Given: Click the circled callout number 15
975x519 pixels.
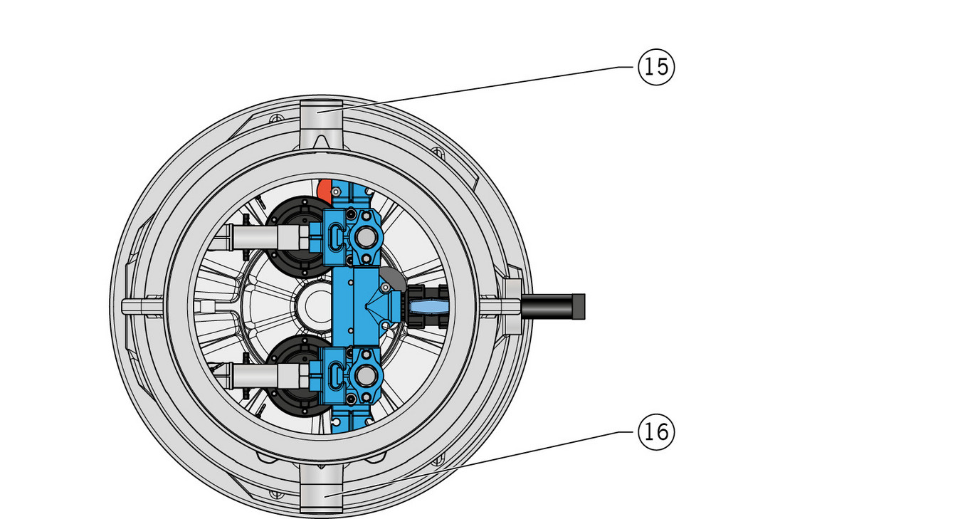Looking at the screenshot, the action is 656,67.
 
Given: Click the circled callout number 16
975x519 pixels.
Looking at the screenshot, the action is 656,432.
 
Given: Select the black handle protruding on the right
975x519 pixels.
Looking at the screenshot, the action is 553,307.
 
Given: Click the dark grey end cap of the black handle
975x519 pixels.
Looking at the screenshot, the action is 579,307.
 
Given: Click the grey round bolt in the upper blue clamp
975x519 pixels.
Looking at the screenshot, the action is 366,237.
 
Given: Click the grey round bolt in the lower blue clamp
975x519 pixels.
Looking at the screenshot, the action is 366,375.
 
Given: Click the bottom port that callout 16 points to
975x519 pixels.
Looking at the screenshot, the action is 321,490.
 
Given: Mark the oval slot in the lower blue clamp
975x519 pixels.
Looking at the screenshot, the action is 334,375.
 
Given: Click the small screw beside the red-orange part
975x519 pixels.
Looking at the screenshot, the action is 336,192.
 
